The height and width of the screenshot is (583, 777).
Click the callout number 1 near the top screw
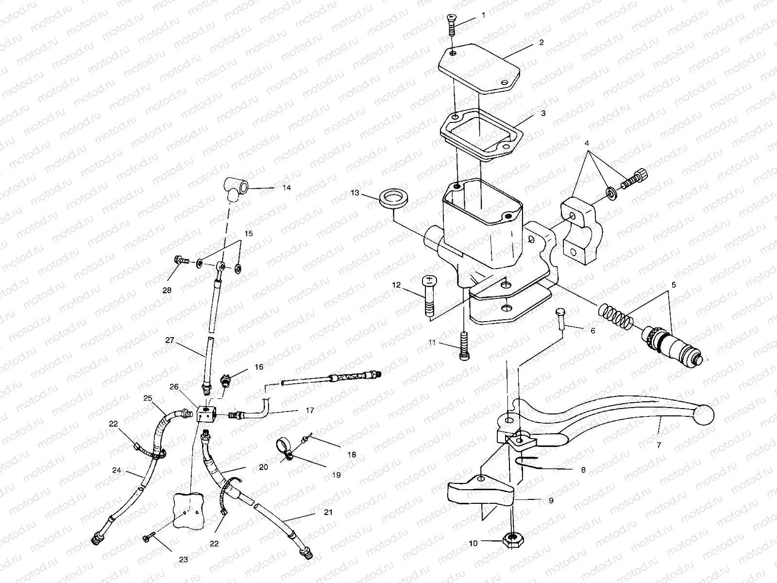483,16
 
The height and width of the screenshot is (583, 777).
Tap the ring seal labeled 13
393,199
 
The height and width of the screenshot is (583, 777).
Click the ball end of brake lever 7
705,413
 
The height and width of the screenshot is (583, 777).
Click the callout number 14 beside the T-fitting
287,188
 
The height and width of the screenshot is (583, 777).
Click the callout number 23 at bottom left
183,559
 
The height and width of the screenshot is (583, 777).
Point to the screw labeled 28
180,261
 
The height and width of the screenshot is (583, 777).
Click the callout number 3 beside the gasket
542,113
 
